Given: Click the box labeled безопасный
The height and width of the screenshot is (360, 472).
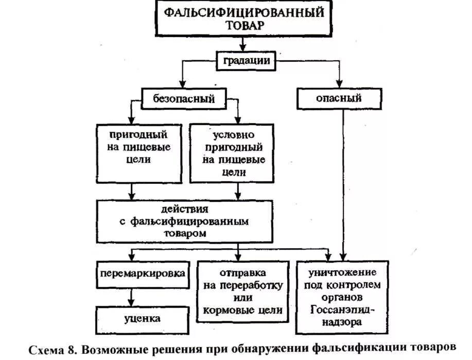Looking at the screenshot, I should click(x=184, y=98).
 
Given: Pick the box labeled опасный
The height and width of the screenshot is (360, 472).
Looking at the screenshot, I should click(x=339, y=98).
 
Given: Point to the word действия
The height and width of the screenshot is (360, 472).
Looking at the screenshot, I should click(x=184, y=210).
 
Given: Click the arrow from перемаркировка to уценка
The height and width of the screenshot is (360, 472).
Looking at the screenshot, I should click(x=133, y=298).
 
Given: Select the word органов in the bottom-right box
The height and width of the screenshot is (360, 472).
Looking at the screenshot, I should click(x=343, y=297).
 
